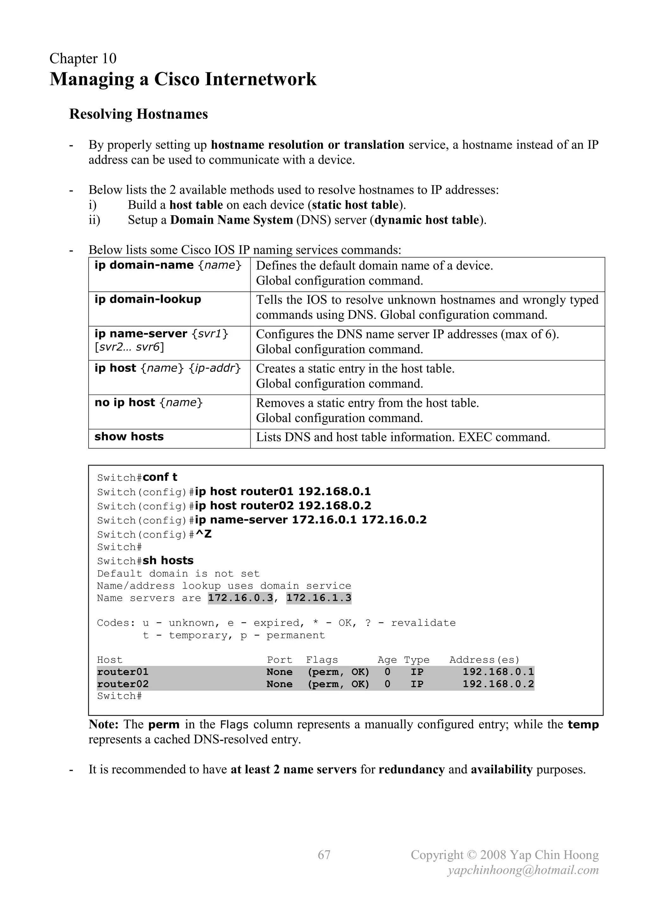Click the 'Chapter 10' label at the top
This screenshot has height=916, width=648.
[83, 59]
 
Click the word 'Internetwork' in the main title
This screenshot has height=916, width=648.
[260, 79]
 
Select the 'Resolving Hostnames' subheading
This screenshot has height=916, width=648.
[139, 114]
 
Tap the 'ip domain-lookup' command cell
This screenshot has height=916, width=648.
[148, 299]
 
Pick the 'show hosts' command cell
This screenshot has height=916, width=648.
[129, 436]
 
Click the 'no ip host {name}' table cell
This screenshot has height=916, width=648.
[148, 402]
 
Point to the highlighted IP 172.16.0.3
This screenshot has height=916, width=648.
[240, 598]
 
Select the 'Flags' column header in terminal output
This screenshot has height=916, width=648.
[321, 660]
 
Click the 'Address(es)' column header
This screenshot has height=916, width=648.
[484, 660]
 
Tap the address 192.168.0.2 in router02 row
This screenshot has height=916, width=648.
[498, 684]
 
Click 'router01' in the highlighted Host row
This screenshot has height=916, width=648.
[122, 672]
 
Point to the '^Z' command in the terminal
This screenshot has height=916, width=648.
[203, 534]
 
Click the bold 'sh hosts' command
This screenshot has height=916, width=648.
[168, 561]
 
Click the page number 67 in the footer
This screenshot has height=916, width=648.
[324, 855]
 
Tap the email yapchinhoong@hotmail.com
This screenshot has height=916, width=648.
[523, 870]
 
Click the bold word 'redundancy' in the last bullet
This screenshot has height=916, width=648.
[411, 769]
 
